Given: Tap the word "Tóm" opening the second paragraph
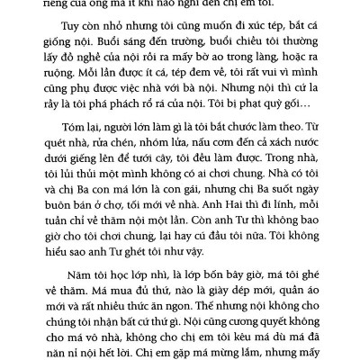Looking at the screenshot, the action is (90, 180).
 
